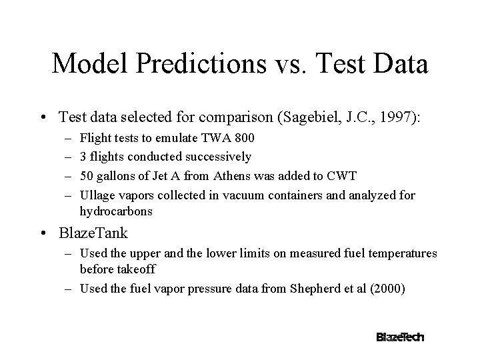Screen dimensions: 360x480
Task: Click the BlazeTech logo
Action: click(400, 337)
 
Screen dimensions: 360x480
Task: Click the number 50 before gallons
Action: click(86, 176)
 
